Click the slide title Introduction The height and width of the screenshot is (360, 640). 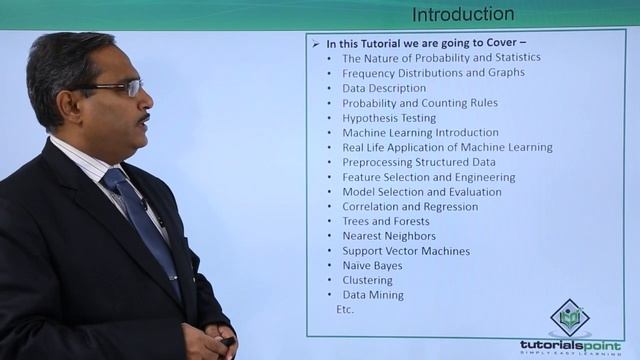coord(463,14)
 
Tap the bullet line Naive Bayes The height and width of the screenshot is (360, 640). coord(372,266)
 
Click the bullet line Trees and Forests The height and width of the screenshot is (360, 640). coord(386,221)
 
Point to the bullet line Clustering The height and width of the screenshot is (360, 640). coord(367,281)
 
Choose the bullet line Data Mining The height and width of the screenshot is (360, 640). coord(373,295)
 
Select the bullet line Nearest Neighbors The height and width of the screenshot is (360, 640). coord(388,236)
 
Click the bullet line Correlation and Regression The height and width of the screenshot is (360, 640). coord(410,206)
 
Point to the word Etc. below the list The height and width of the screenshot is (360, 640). coord(346,310)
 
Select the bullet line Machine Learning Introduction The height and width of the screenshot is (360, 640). coord(420,132)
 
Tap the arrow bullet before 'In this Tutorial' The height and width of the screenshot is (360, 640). coord(316,43)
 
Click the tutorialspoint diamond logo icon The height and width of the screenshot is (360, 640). coord(569,318)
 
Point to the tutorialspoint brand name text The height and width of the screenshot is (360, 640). coord(569,344)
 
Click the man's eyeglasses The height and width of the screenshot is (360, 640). coord(120,89)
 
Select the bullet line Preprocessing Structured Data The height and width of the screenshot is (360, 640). coord(418,162)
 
